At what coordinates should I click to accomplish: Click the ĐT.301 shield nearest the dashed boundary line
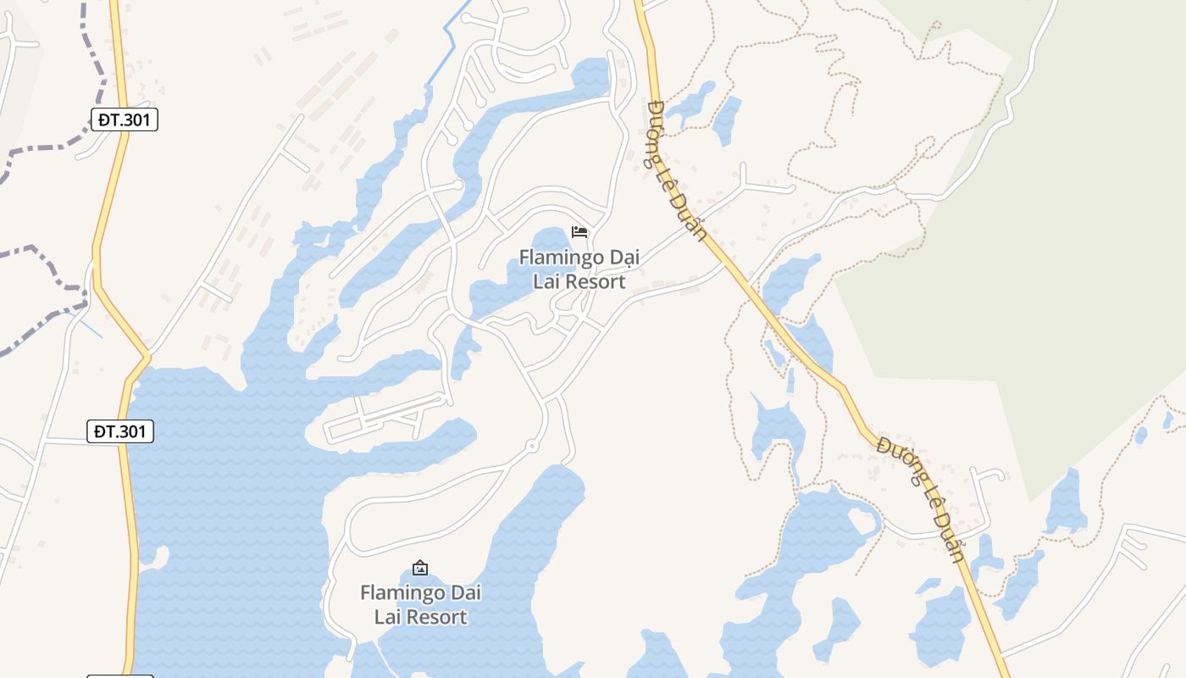[124, 119]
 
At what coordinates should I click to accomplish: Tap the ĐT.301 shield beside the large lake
[120, 431]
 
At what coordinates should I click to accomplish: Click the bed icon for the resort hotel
[579, 231]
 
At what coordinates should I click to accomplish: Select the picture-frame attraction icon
[420, 567]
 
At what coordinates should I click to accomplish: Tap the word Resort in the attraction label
[436, 616]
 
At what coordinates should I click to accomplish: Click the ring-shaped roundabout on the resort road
[532, 446]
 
